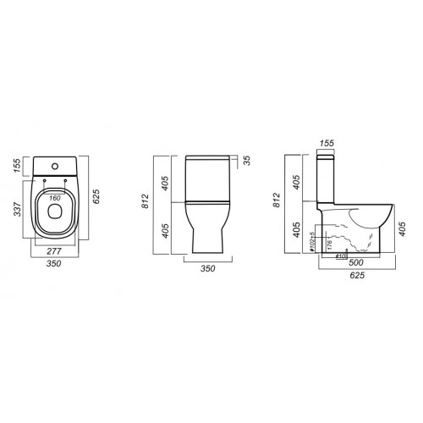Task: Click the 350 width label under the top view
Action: [x=53, y=264]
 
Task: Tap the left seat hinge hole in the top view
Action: [x=44, y=180]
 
